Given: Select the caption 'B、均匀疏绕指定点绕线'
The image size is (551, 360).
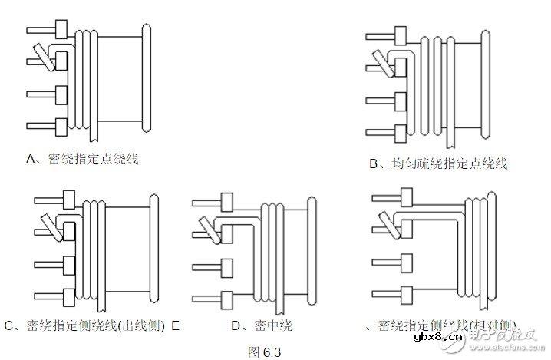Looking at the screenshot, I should point(438,163).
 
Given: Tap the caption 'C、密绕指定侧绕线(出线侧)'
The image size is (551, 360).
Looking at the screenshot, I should point(84,325).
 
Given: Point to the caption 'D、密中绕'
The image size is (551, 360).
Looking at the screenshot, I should point(262,325).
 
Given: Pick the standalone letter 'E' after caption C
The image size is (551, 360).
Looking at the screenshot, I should point(176,325).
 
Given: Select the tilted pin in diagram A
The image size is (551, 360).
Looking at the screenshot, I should point(38,57).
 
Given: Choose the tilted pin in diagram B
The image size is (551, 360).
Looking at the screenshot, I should point(378,61).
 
